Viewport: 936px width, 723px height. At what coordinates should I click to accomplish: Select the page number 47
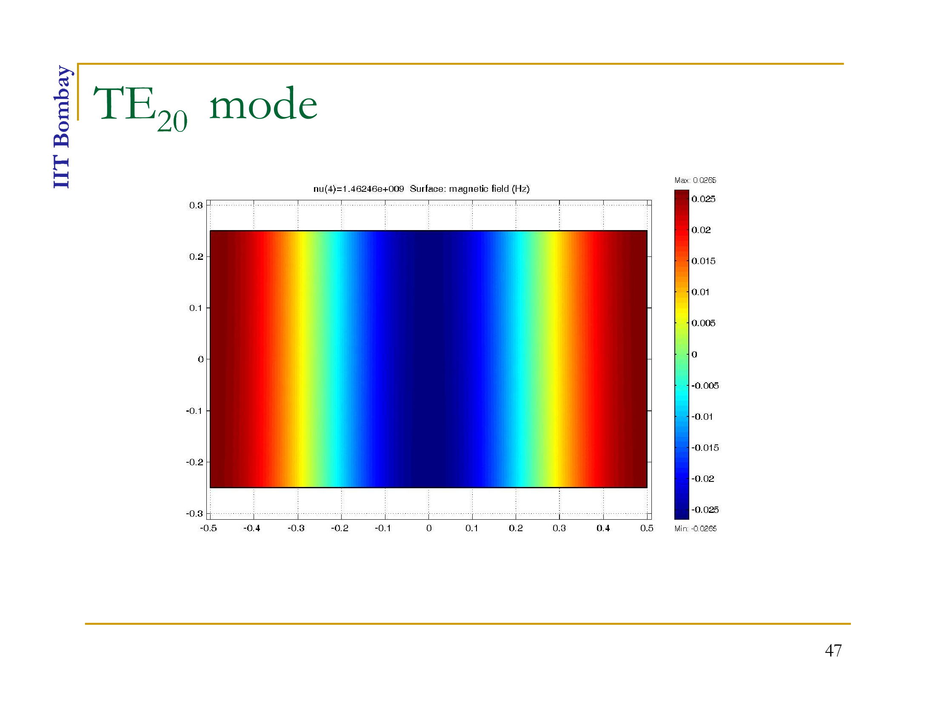[x=833, y=651]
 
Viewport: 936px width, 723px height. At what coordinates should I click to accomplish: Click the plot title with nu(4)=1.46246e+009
[x=421, y=189]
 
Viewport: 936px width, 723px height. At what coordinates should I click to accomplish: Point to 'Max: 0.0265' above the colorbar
[x=695, y=180]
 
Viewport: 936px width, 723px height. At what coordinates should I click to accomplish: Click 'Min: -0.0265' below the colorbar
[x=696, y=529]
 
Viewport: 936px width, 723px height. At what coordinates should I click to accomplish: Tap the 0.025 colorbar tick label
[x=703, y=199]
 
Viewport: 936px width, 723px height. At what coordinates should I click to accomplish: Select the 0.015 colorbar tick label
[x=703, y=261]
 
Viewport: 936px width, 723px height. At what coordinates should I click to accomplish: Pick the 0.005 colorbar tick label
[x=703, y=323]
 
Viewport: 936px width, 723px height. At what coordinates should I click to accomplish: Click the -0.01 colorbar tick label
[x=702, y=417]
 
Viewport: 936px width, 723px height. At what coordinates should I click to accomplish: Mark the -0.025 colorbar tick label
[x=705, y=510]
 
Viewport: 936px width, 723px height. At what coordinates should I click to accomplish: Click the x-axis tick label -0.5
[x=208, y=529]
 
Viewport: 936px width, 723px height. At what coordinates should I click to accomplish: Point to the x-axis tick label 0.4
[x=603, y=529]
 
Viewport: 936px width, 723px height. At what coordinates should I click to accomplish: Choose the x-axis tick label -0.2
[x=340, y=529]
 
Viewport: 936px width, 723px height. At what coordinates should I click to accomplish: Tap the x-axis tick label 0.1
[x=471, y=529]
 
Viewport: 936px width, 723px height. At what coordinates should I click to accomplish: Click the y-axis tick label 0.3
[x=196, y=205]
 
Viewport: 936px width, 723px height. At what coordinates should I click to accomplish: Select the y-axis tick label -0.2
[x=194, y=462]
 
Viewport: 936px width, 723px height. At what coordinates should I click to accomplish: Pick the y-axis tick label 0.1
[x=196, y=308]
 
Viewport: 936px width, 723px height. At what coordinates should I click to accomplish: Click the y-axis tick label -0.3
[x=194, y=514]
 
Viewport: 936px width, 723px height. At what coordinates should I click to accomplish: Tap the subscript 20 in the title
[x=172, y=121]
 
